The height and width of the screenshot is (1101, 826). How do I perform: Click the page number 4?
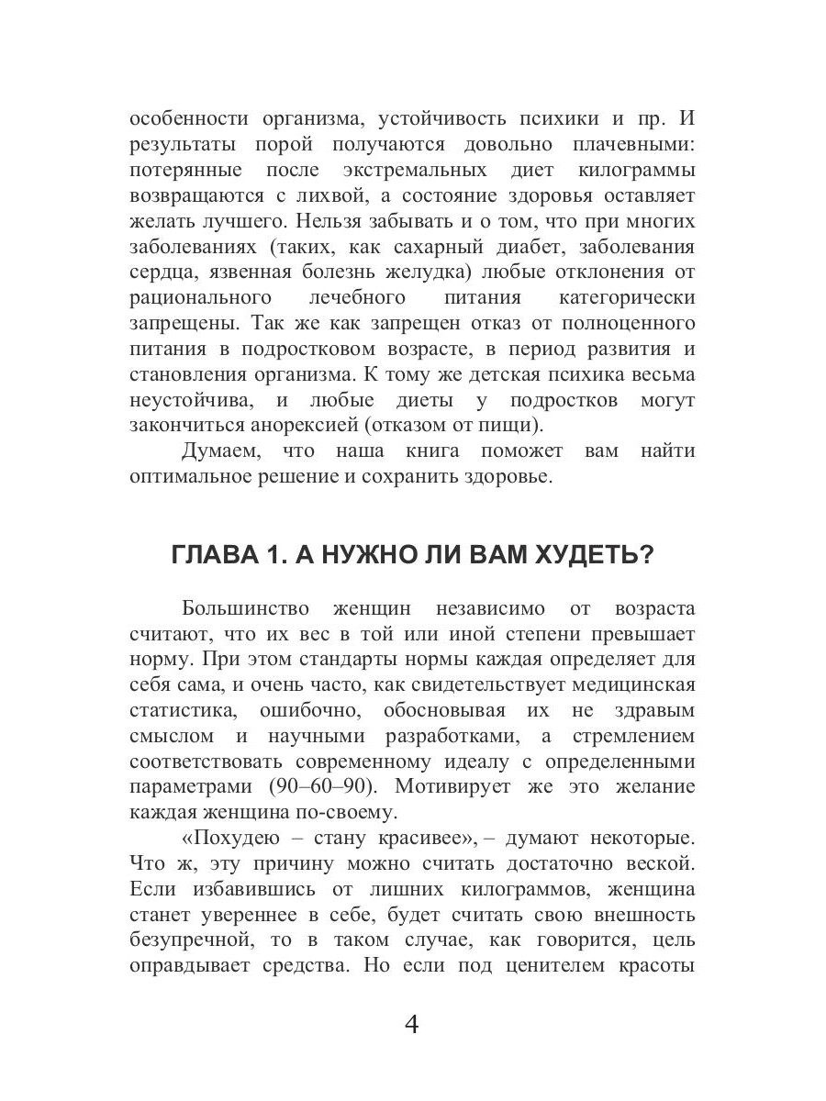click(x=412, y=1024)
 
